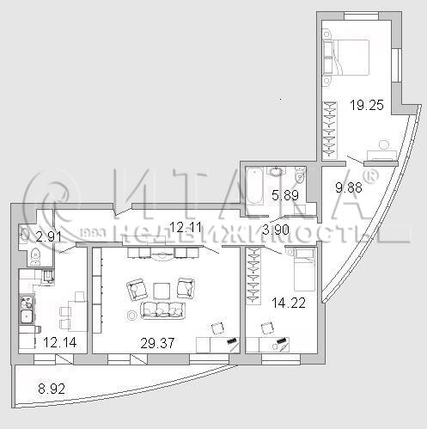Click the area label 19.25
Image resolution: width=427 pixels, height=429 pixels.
367,105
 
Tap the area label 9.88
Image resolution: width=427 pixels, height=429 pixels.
349,187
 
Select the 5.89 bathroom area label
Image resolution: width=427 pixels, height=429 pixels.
285,195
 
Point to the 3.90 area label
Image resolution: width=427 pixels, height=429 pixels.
276,230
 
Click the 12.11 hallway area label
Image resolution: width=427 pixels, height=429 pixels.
186,228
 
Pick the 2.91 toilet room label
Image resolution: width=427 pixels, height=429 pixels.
49,237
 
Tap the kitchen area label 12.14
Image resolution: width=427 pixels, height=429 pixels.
60,342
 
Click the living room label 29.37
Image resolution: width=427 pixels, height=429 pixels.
157,343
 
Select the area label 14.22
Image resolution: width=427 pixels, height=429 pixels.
289,303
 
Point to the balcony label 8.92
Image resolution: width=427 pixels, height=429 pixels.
52,389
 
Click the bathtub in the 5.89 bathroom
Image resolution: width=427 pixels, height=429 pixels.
254,187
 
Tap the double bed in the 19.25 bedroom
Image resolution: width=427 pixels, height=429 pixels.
346,58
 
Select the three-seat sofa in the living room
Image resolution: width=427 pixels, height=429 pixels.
163,310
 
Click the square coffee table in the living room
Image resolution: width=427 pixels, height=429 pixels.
162,291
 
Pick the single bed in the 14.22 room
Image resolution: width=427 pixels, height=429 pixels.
304,269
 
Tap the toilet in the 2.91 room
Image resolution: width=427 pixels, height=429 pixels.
35,256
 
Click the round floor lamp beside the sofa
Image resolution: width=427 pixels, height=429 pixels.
132,316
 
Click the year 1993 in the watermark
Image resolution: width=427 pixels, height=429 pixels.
92,233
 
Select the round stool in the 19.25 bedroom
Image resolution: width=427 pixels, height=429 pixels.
384,145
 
